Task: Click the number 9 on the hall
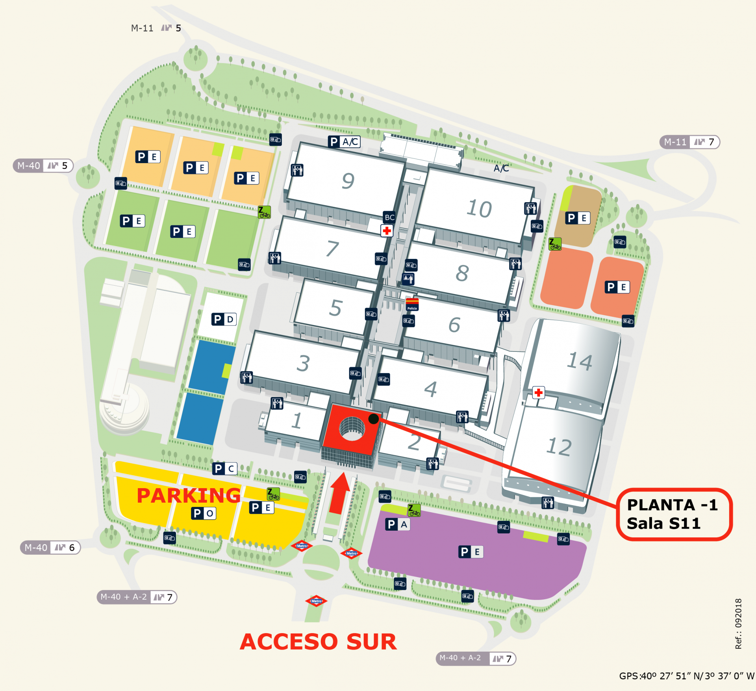(x=348, y=181)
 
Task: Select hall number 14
(x=579, y=361)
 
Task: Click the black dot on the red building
(x=373, y=419)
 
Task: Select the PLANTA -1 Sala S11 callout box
(x=674, y=514)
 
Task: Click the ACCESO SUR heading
(x=318, y=642)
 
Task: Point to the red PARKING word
(x=188, y=496)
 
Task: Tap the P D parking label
(x=224, y=319)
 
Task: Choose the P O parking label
(x=204, y=513)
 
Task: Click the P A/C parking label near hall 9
(x=344, y=142)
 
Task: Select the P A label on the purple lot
(x=397, y=524)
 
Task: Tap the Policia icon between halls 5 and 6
(x=412, y=305)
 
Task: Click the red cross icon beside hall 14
(x=538, y=392)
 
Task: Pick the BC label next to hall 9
(x=389, y=217)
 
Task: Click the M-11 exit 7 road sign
(x=689, y=142)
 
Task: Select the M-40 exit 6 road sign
(x=50, y=548)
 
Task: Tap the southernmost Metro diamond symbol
(x=316, y=601)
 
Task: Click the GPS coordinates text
(x=686, y=676)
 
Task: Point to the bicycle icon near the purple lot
(x=414, y=510)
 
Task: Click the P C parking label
(x=224, y=469)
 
